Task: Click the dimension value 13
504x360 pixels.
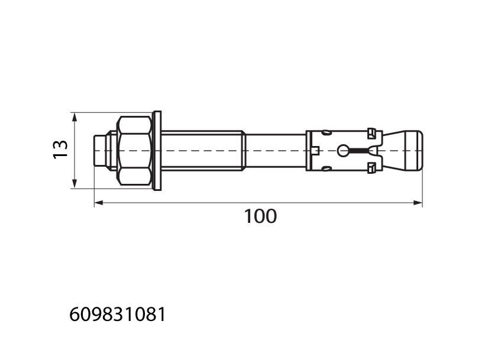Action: pyautogui.click(x=60, y=150)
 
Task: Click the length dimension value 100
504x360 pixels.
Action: pyautogui.click(x=260, y=216)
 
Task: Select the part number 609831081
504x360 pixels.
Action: pyautogui.click(x=117, y=314)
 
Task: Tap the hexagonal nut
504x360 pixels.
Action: pyautogui.click(x=135, y=151)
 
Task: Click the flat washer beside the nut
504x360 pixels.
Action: pyautogui.click(x=157, y=151)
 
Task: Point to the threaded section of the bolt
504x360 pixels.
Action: pyautogui.click(x=203, y=151)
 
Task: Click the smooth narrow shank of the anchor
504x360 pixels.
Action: pyautogui.click(x=276, y=151)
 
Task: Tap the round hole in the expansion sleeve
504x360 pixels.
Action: pyautogui.click(x=343, y=151)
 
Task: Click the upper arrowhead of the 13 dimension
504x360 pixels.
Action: pyautogui.click(x=75, y=117)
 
